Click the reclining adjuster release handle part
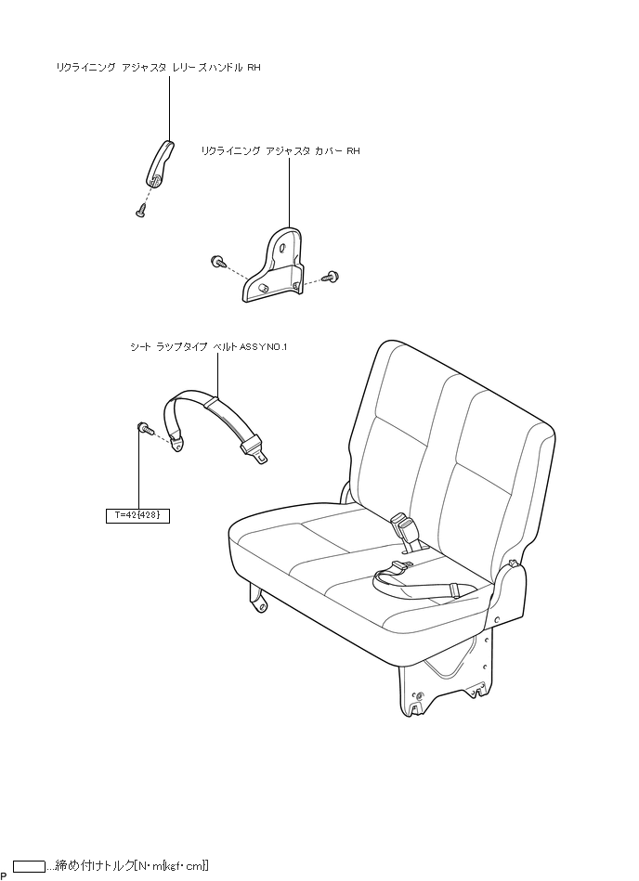tap(160, 162)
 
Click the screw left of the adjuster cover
tap(217, 261)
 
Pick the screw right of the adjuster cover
tap(333, 276)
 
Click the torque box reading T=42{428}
tap(137, 514)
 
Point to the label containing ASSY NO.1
tap(209, 346)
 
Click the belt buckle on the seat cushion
tap(405, 530)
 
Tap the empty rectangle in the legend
tap(30, 866)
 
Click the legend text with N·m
tap(128, 866)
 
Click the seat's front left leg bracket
tap(258, 598)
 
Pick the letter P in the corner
tap(4, 875)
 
